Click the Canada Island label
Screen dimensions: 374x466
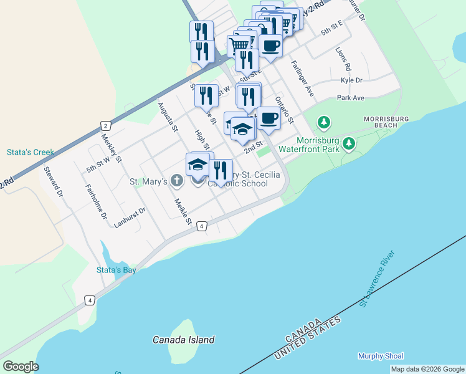point(184,340)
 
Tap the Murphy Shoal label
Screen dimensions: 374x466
point(381,356)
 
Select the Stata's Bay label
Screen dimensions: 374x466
point(116,270)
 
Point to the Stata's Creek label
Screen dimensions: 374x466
point(31,151)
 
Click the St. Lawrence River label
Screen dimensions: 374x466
point(377,279)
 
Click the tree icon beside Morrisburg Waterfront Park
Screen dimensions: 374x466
point(349,145)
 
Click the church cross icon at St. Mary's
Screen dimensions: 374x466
point(177,181)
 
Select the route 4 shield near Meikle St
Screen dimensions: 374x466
point(202,226)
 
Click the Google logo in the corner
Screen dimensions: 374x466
point(21,367)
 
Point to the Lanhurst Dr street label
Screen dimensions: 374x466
point(130,216)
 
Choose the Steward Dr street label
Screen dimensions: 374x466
point(54,181)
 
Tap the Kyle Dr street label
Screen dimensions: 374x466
point(351,80)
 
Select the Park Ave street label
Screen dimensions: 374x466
point(350,98)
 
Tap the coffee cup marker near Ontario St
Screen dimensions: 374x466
point(269,118)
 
